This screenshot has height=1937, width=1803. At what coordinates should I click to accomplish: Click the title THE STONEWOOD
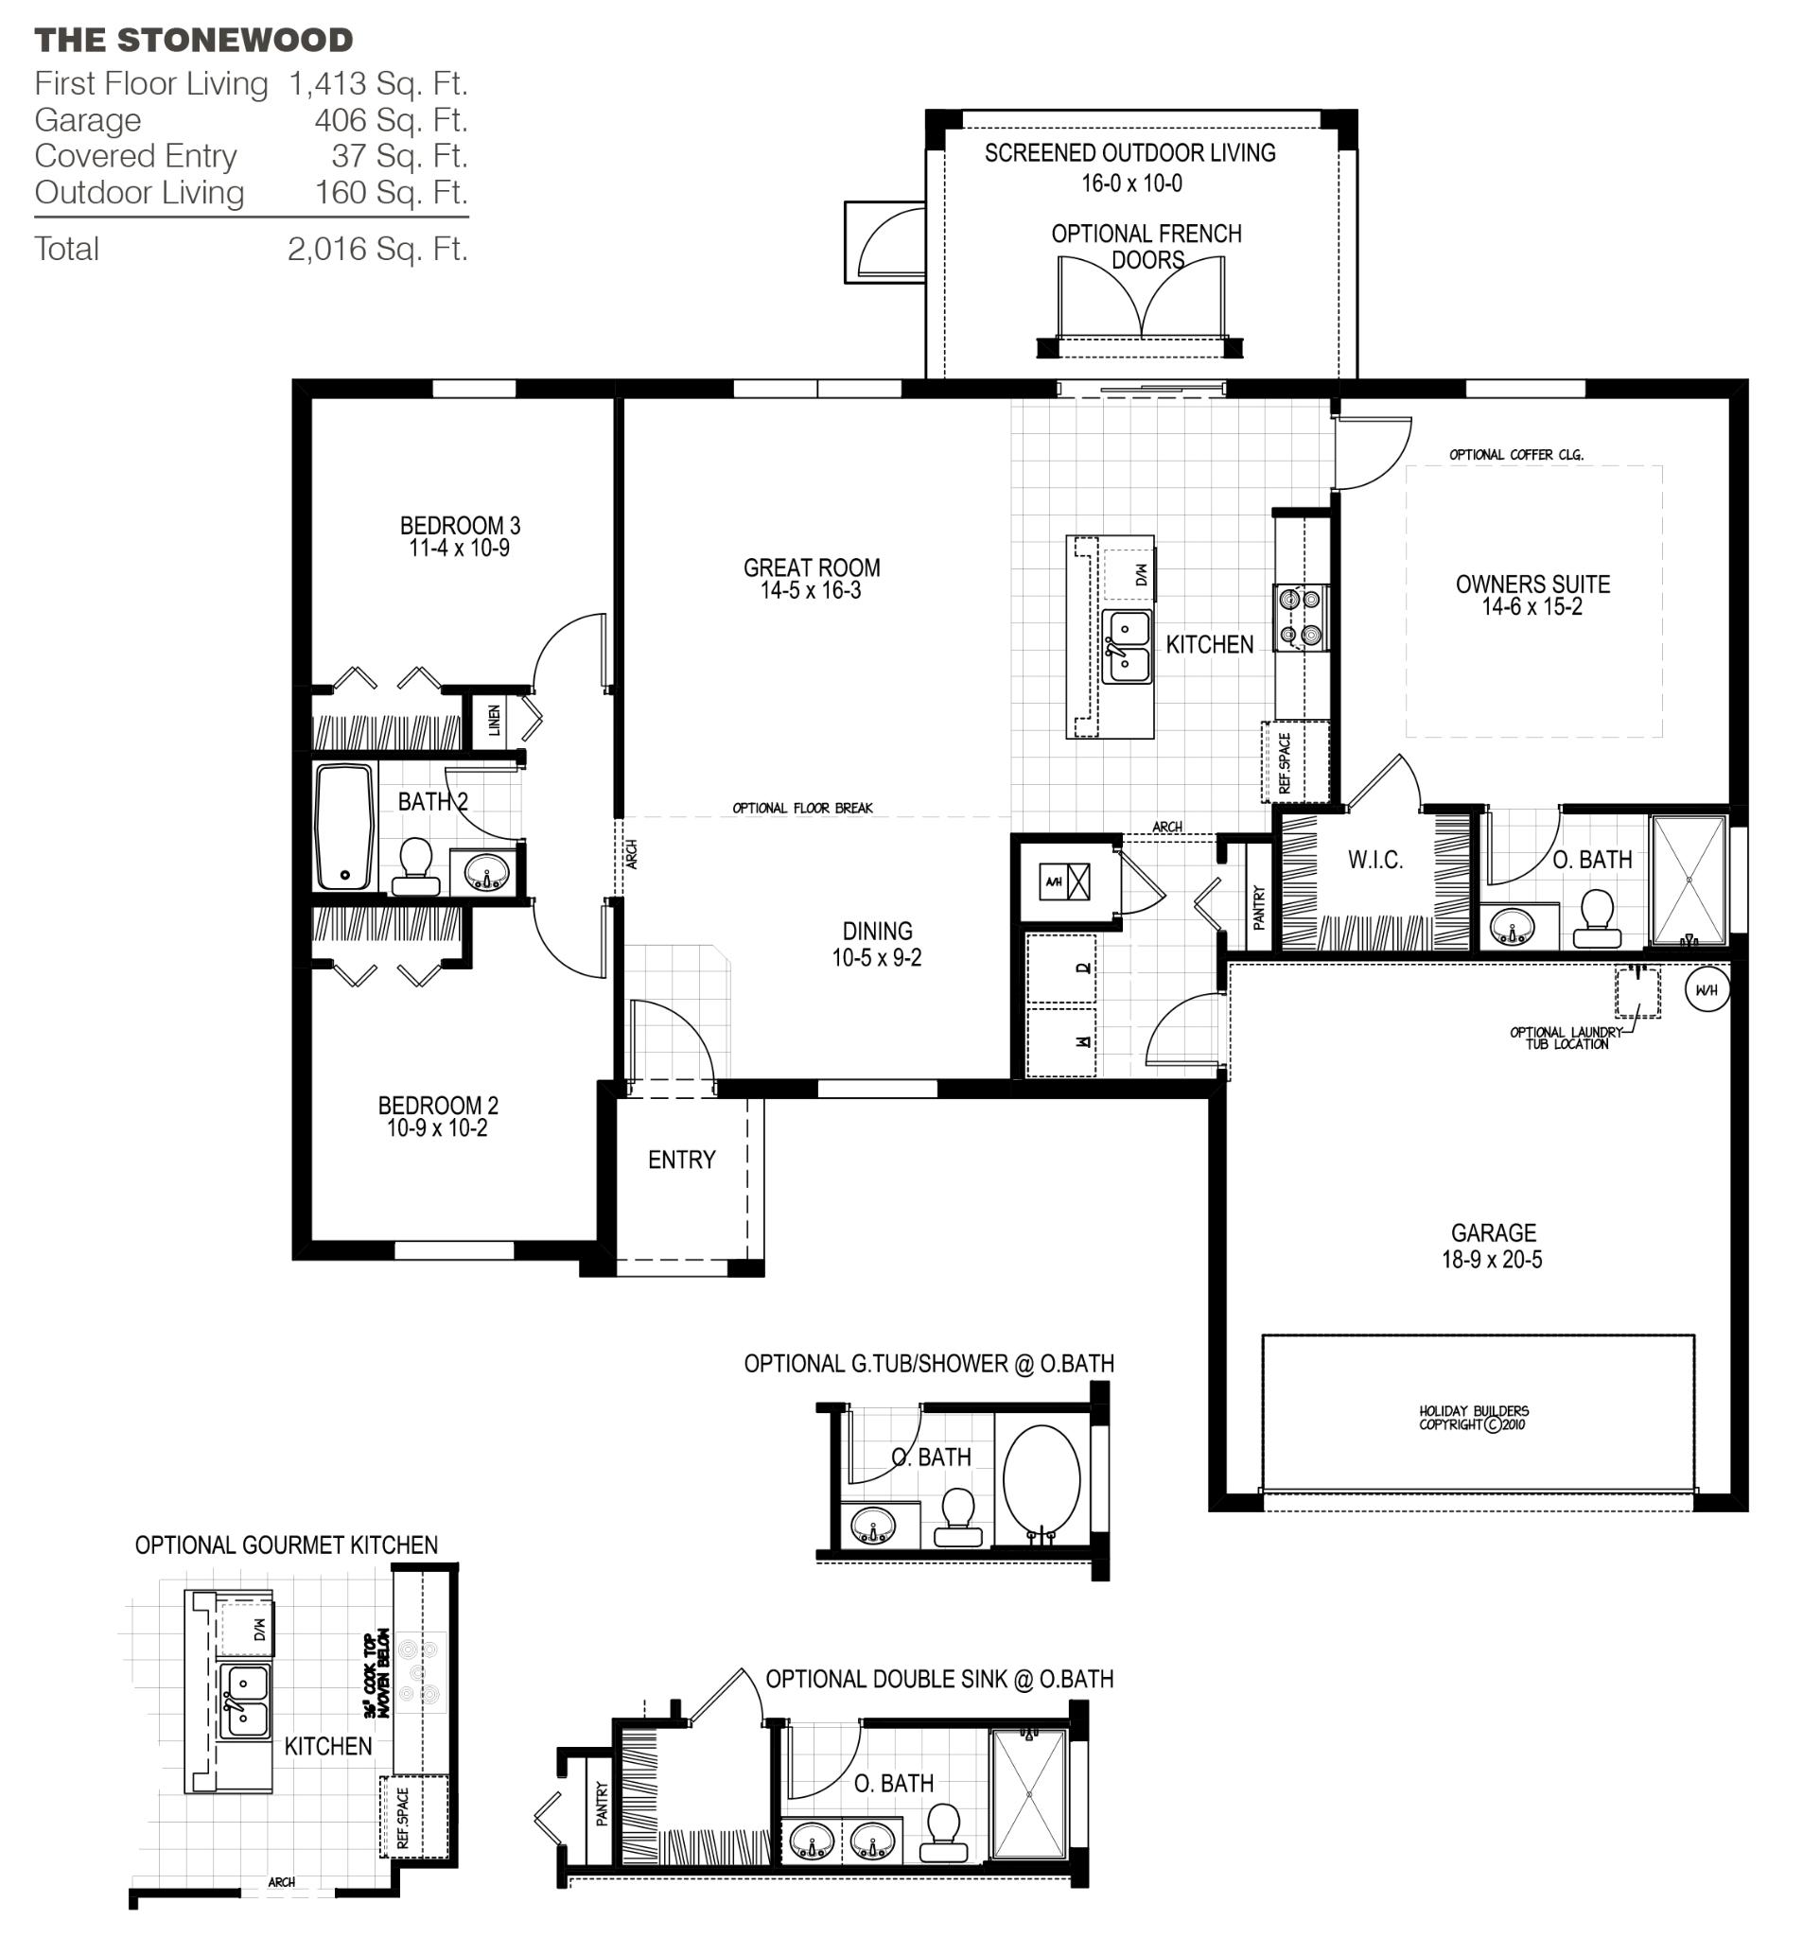[x=193, y=41]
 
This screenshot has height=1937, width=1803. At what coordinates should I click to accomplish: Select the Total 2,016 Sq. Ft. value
[x=377, y=250]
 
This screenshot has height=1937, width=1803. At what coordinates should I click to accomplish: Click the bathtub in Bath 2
[x=344, y=827]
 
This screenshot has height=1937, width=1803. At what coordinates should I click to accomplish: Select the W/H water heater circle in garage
[x=1707, y=990]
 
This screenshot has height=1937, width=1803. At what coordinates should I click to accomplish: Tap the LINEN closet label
[x=494, y=720]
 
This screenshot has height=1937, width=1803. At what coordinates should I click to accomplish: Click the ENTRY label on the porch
[x=681, y=1160]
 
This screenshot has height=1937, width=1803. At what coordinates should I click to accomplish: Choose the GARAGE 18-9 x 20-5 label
[x=1492, y=1246]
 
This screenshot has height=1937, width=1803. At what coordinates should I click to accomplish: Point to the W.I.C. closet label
[x=1374, y=860]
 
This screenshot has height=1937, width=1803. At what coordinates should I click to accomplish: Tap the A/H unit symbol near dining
[x=1063, y=881]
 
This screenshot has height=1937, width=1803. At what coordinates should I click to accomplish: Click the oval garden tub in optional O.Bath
[x=1040, y=1480]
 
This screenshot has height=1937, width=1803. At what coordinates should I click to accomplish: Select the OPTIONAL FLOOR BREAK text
[x=802, y=808]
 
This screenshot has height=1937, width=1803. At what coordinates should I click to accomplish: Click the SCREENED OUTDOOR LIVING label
[x=1129, y=153]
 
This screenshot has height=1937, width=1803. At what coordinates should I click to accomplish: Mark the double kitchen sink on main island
[x=1126, y=646]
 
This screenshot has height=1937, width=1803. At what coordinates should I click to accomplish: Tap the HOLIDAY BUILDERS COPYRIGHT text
[x=1473, y=1418]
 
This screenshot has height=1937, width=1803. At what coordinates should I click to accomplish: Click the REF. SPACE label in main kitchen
[x=1284, y=763]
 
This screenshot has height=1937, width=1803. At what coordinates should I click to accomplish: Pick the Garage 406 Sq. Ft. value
[x=390, y=120]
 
